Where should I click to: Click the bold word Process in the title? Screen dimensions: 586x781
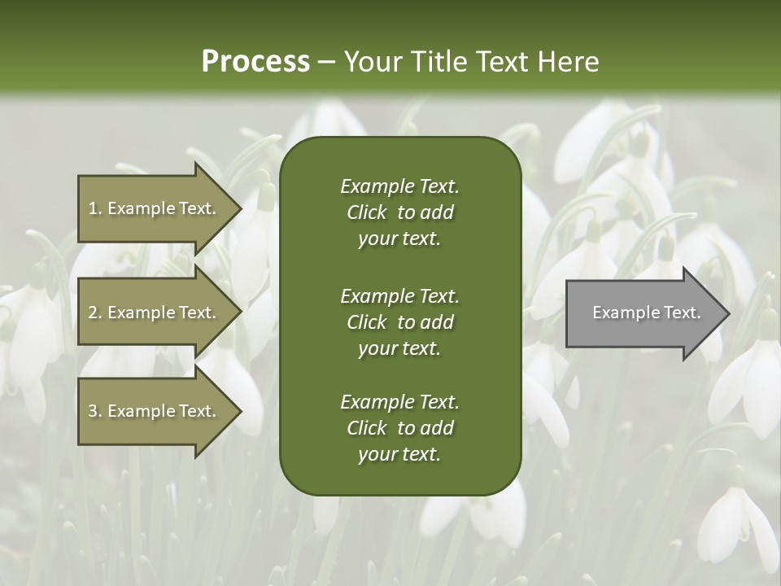click(x=255, y=61)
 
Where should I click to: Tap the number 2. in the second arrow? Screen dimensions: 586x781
click(x=94, y=313)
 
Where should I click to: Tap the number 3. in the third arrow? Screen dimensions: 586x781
click(x=94, y=411)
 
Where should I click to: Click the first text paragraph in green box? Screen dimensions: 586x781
click(x=399, y=212)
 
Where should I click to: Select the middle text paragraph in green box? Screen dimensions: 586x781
click(x=399, y=321)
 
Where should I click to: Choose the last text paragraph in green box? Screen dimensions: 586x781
click(x=399, y=428)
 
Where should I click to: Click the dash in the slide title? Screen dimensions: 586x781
click(x=326, y=62)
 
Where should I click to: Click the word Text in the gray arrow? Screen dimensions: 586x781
click(x=683, y=313)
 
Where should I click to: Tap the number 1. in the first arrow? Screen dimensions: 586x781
click(x=94, y=208)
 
